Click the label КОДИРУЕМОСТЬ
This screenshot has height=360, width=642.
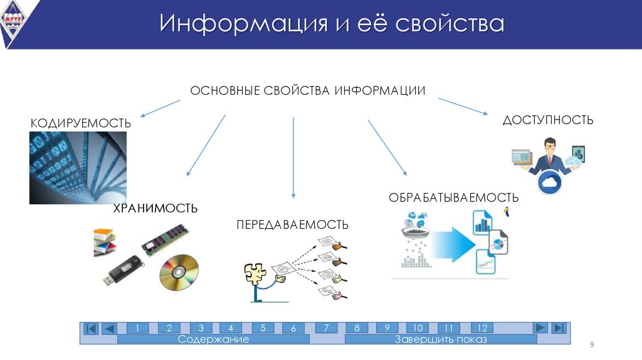[81, 124]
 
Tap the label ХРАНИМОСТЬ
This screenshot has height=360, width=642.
[155, 208]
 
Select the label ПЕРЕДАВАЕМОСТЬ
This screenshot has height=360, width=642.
[292, 225]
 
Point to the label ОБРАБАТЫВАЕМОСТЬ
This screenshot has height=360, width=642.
[453, 198]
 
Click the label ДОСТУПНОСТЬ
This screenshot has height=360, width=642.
[547, 120]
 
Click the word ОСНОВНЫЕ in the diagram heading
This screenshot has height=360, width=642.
[225, 91]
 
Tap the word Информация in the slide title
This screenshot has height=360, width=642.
[243, 24]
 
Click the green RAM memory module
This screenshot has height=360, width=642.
[165, 238]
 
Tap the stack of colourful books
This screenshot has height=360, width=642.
[105, 241]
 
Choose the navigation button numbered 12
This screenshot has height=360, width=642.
[482, 328]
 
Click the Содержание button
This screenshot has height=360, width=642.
[213, 339]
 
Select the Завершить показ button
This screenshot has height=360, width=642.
[441, 339]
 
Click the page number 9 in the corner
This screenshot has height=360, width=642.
[591, 346]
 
